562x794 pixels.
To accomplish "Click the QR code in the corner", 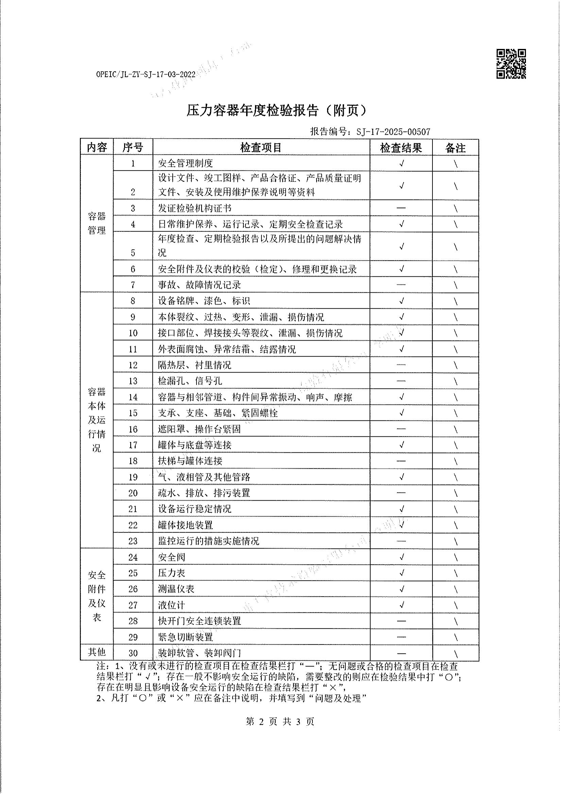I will tap(511, 64).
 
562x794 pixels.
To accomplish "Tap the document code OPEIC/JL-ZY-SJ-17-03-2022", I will tap(146, 74).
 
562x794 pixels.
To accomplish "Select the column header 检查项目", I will tap(261, 148).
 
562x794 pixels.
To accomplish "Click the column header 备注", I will tap(455, 148).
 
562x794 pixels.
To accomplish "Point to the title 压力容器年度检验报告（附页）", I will tap(276, 111).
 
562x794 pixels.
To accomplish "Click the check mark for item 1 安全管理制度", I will tap(401, 164).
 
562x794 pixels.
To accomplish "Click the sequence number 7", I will tap(133, 285).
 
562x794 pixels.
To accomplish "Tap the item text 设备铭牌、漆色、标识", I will tap(204, 301).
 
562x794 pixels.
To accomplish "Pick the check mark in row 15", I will tap(401, 413).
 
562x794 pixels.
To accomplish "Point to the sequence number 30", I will tap(133, 653).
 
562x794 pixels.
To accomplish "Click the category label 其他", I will tap(97, 652).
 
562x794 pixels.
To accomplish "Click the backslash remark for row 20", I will tap(455, 493).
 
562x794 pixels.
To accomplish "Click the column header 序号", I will tap(133, 148).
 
